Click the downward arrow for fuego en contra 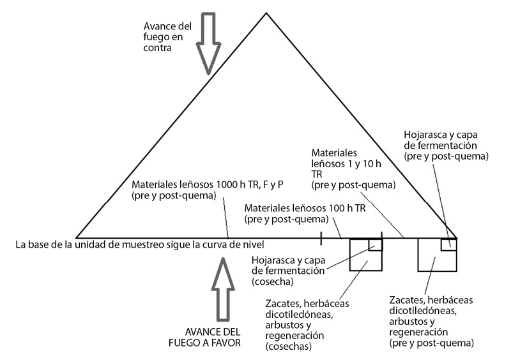coord(208,43)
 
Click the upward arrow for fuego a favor coord(222,289)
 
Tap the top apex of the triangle coord(266,13)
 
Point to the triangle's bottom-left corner coord(77,238)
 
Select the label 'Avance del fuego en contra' coord(167,37)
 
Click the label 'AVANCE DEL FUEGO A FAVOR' coord(204,337)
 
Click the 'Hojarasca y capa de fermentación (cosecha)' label coord(288,271)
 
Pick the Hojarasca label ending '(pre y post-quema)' coord(446,146)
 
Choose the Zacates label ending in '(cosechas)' coord(307,325)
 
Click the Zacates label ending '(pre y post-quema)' coord(432,321)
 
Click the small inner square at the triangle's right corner coord(448,244)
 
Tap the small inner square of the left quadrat coord(376,244)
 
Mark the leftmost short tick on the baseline coord(321,238)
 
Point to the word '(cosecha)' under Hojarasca coord(273,281)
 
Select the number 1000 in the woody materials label coord(228,184)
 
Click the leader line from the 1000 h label coord(226,218)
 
